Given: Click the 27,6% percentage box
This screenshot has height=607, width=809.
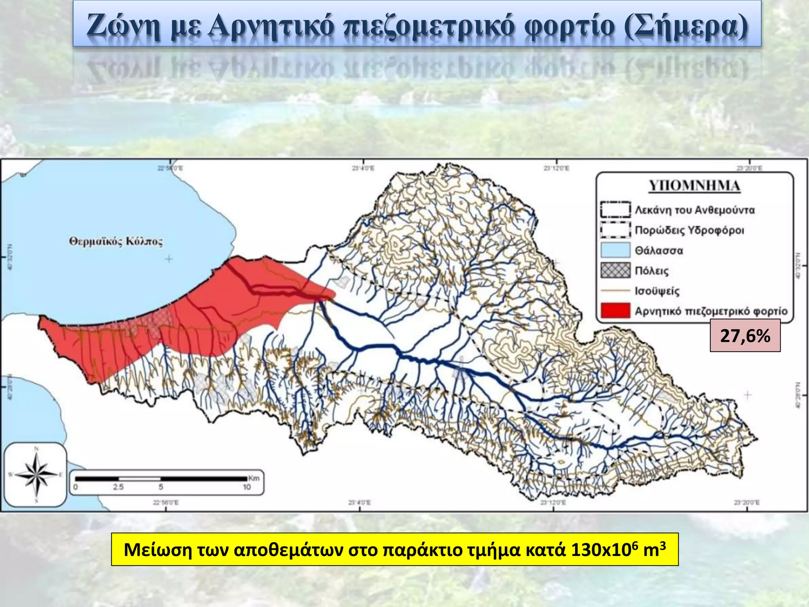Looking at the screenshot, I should click(x=745, y=336).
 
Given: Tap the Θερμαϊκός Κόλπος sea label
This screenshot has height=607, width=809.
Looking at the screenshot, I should click(x=116, y=241).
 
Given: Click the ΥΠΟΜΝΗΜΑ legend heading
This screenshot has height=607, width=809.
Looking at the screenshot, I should click(x=694, y=186).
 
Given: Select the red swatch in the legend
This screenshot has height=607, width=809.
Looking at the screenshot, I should click(x=615, y=311).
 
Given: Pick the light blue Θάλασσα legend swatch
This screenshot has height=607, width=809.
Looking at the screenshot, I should click(x=615, y=250).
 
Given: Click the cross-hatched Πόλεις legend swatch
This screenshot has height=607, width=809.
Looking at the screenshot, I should click(x=615, y=271).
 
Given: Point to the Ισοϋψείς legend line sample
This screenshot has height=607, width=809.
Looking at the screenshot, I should click(x=615, y=290).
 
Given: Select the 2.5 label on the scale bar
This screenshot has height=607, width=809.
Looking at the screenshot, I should click(x=119, y=487).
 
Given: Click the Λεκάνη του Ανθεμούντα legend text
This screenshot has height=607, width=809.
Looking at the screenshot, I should click(x=695, y=210).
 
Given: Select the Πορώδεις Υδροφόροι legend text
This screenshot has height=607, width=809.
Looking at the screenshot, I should click(x=689, y=230).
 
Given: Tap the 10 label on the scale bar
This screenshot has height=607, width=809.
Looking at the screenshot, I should click(x=247, y=487).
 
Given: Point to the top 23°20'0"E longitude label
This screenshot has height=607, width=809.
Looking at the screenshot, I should click(x=749, y=168).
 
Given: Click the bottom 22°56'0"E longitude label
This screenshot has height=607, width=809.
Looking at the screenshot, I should click(x=166, y=503).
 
